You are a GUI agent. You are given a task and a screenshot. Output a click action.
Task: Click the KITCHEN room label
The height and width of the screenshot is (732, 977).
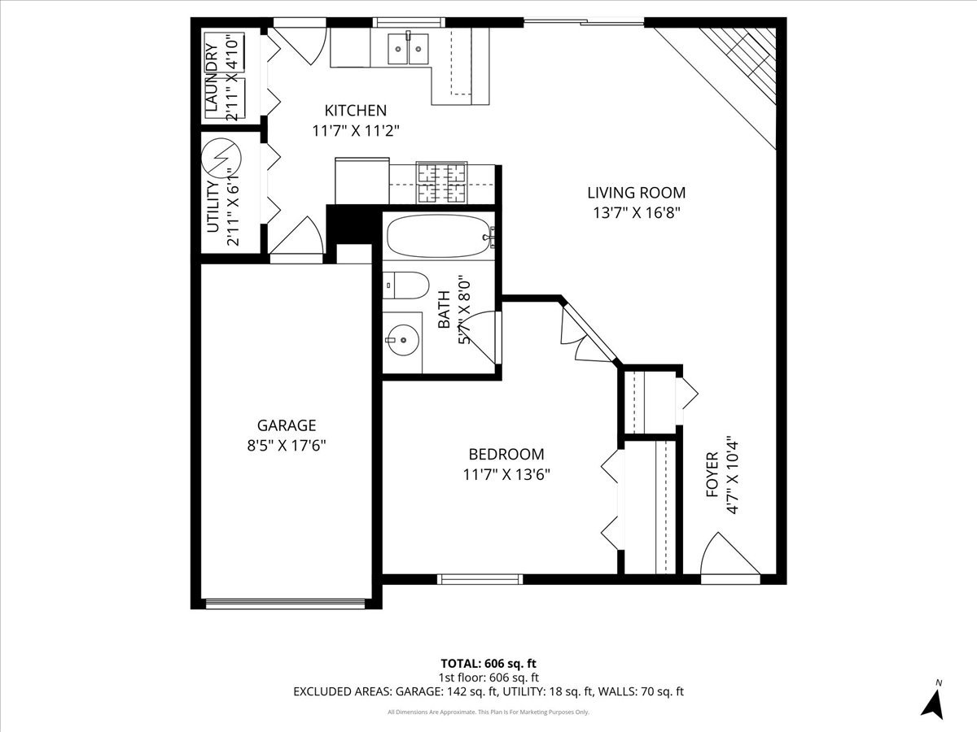[355, 111]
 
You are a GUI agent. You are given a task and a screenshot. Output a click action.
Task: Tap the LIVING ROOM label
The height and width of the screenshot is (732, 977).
[637, 193]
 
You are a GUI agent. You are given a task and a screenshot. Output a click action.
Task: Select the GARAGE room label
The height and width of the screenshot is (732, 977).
[287, 425]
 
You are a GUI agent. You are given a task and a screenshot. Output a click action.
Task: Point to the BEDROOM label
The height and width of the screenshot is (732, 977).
[506, 454]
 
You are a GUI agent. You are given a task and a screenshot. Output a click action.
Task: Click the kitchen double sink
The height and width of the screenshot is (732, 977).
[408, 49]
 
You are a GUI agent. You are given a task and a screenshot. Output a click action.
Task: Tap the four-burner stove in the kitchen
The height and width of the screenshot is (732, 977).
[441, 183]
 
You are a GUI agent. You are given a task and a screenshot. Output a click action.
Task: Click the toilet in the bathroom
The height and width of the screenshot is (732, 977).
[405, 285]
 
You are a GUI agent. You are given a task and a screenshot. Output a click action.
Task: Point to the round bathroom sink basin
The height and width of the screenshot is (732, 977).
[403, 340]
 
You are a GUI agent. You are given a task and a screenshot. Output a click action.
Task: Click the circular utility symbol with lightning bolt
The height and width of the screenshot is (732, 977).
[221, 157]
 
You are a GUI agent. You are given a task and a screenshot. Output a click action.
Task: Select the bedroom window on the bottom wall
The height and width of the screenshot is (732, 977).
[480, 579]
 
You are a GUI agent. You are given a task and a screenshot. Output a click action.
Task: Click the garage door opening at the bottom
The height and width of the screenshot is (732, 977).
[286, 604]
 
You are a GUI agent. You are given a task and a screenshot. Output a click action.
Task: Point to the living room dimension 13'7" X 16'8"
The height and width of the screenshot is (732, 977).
[637, 213]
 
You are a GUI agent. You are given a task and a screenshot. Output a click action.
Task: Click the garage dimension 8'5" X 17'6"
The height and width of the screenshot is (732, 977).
[287, 446]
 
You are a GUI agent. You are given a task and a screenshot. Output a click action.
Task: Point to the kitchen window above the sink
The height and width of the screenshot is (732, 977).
[409, 22]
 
